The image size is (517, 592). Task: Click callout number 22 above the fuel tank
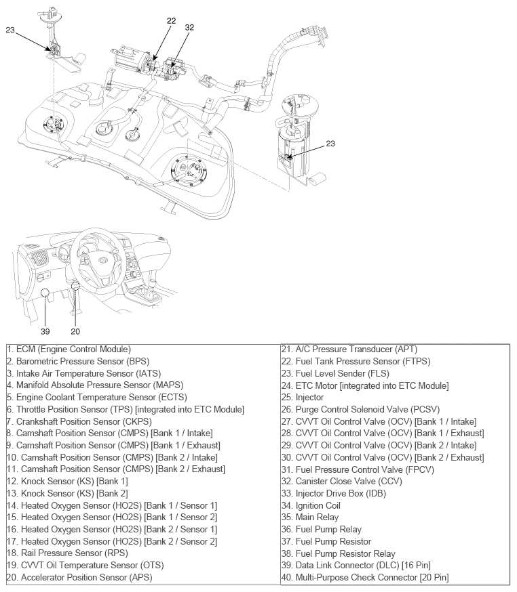171,21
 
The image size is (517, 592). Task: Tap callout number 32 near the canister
189,28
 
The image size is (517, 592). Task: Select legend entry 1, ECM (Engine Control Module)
69,349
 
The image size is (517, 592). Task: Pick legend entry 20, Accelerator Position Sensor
79,577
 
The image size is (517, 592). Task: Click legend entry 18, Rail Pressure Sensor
66,553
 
